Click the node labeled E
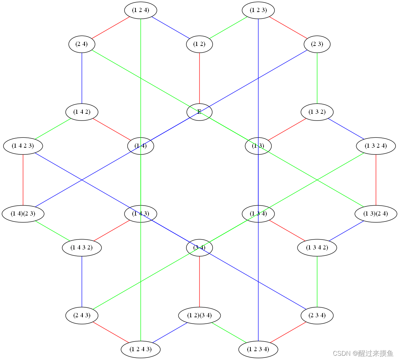pyautogui.click(x=199, y=112)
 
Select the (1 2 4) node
pyautogui.click(x=140, y=10)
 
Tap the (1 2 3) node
pyautogui.click(x=258, y=10)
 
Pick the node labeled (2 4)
pyautogui.click(x=82, y=44)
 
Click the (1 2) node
pyautogui.click(x=199, y=44)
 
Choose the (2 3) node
pyautogui.click(x=317, y=44)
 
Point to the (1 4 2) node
pyautogui.click(x=82, y=112)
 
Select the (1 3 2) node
pyautogui.click(x=317, y=112)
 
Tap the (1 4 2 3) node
pyautogui.click(x=23, y=146)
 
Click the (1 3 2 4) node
pyautogui.click(x=376, y=146)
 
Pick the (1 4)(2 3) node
pyautogui.click(x=23, y=214)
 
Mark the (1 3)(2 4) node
pyautogui.click(x=376, y=214)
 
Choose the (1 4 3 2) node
pyautogui.click(x=82, y=248)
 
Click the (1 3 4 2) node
pyautogui.click(x=317, y=248)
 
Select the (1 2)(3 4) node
pyautogui.click(x=199, y=315)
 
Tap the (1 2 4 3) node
pyautogui.click(x=140, y=349)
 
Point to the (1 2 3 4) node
pyautogui.click(x=258, y=349)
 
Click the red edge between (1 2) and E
pyautogui.click(x=199, y=78)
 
